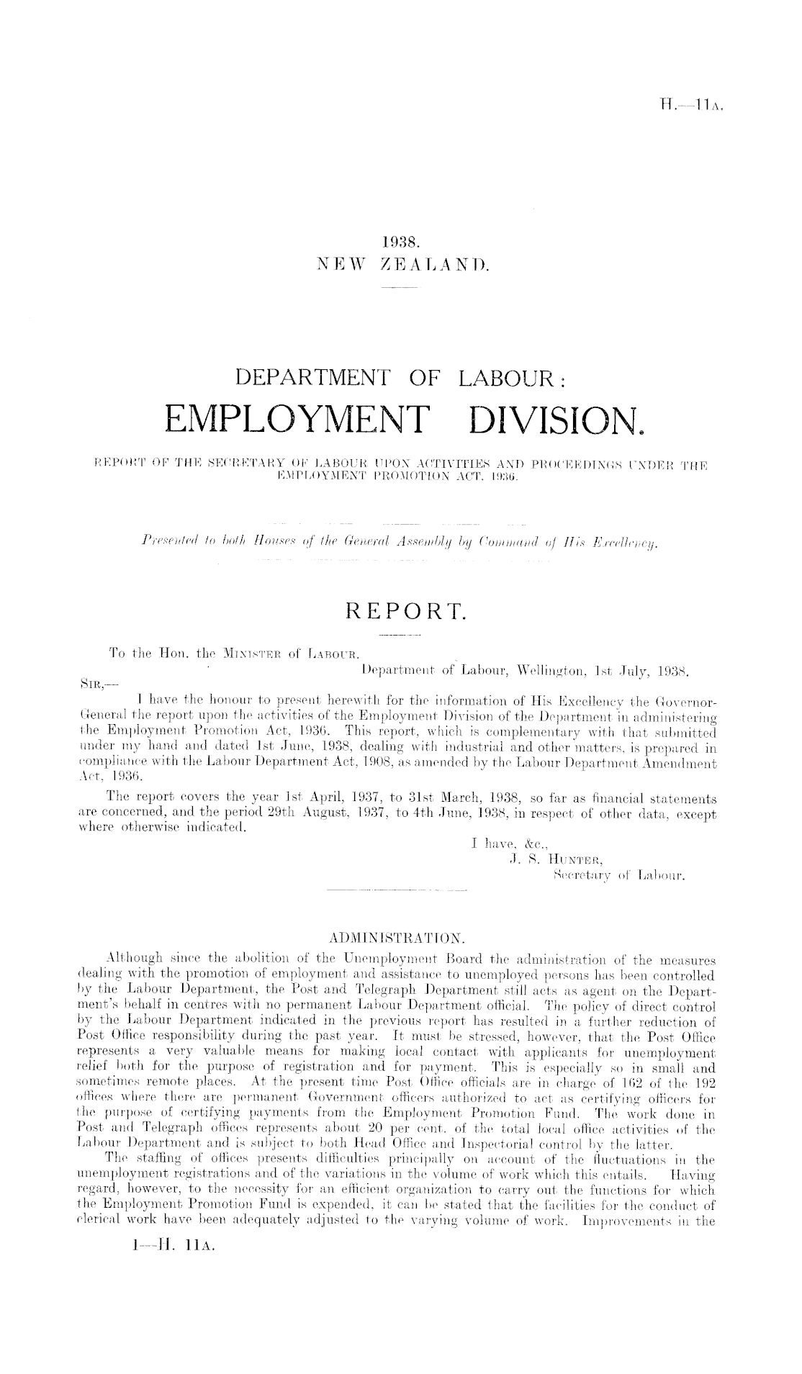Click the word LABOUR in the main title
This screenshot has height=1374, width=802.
(507, 376)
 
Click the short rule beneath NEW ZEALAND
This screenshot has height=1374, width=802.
(401, 289)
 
